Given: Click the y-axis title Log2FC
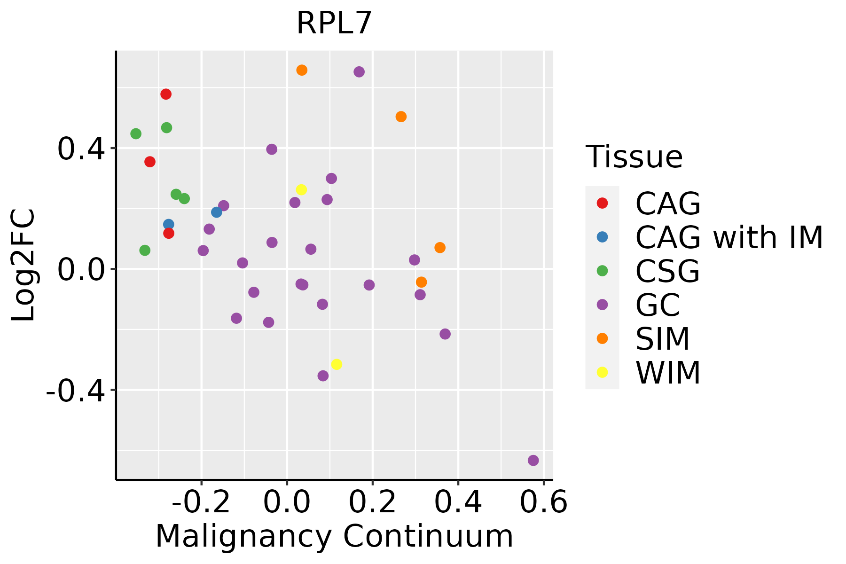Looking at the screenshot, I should [x=23, y=266].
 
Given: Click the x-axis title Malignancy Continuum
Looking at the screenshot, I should [x=334, y=536].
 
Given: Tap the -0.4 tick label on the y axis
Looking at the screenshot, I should [x=74, y=390].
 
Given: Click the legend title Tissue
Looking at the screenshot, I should [x=634, y=157].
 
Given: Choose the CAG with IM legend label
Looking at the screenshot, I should [x=729, y=237].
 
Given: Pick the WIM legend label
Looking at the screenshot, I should [x=668, y=373].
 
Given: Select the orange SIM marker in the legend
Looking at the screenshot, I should [x=602, y=338].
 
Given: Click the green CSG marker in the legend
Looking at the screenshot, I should [x=602, y=271].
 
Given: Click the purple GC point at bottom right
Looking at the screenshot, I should [x=533, y=461].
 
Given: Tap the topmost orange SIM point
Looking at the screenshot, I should [x=302, y=70].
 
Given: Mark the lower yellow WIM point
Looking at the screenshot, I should [x=337, y=364].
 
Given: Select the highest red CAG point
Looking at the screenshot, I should [x=166, y=94].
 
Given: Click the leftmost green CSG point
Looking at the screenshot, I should [x=136, y=134].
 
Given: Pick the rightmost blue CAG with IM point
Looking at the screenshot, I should [x=217, y=212].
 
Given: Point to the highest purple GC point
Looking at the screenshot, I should [x=359, y=72].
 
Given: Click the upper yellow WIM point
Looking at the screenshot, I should [x=301, y=190].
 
